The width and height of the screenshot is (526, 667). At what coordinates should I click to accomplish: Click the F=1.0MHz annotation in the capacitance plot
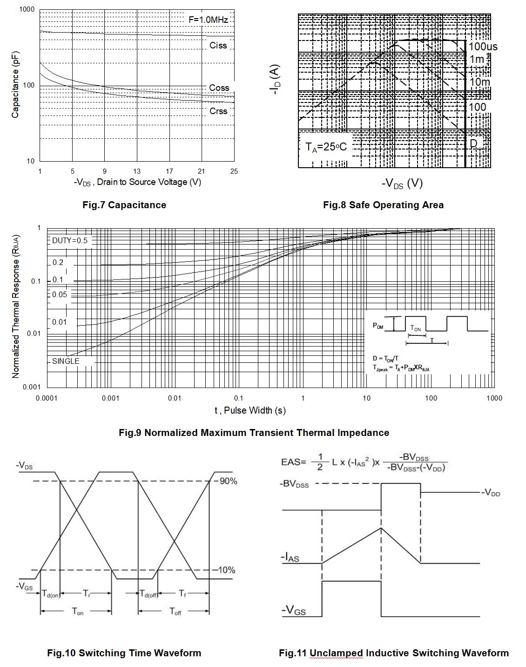208,20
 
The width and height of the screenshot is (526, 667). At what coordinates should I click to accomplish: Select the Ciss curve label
218,46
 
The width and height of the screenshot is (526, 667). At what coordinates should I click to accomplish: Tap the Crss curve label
218,111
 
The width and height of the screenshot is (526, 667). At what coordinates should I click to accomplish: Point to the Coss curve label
219,88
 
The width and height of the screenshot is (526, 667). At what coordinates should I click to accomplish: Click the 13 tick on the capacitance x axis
137,171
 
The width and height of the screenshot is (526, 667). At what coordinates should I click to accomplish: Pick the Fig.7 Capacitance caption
124,205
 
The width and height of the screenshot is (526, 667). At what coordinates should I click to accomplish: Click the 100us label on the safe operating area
483,47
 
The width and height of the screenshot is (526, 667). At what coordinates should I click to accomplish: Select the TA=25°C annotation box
326,147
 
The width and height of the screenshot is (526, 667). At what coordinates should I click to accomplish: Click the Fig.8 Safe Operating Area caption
383,205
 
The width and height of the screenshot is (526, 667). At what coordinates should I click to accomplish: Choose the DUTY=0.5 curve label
70,241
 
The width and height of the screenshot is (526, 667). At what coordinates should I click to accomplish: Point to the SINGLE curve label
66,361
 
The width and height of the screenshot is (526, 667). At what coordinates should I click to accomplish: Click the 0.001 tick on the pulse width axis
110,398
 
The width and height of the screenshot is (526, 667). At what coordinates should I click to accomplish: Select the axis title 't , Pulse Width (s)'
250,410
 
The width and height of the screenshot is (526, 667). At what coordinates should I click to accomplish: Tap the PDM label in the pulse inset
378,326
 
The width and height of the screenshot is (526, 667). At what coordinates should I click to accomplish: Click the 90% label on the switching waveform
228,481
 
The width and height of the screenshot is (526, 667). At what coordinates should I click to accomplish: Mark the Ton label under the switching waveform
77,612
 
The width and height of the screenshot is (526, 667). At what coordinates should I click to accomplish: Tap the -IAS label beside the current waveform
290,557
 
